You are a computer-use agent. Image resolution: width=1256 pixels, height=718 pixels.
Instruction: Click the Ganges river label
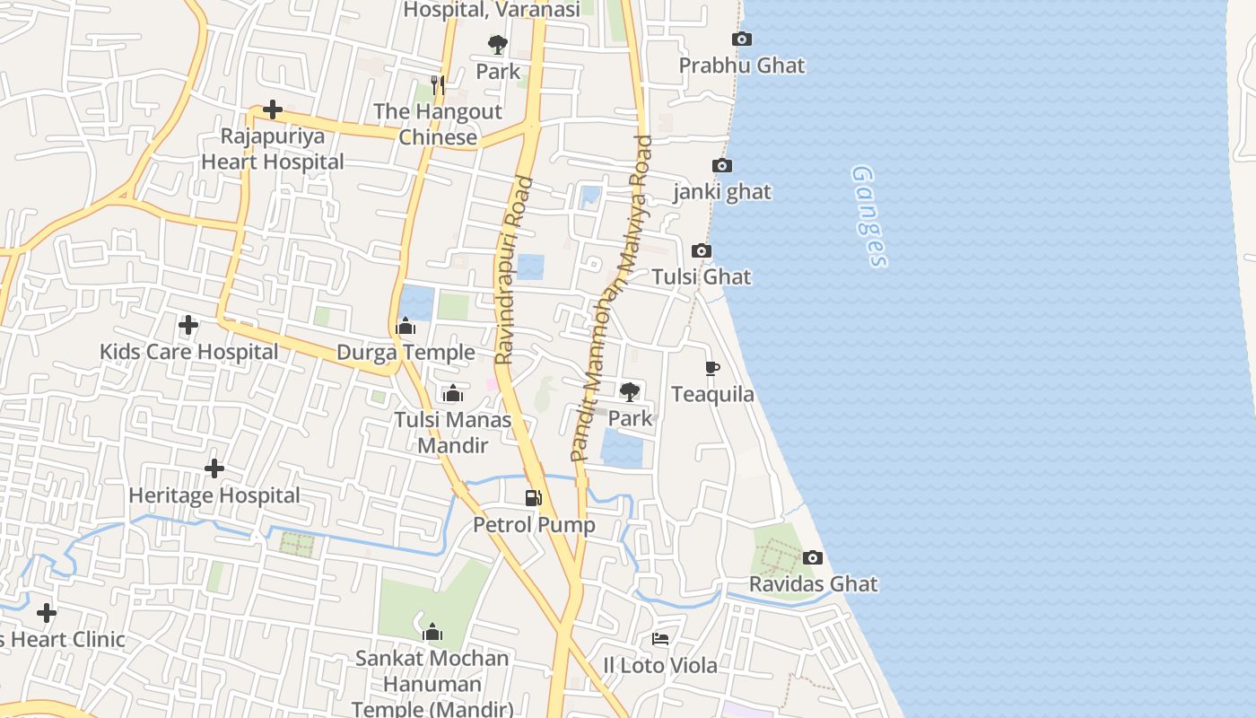[868, 216]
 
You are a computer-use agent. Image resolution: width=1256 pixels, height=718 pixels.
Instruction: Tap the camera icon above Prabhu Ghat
[742, 39]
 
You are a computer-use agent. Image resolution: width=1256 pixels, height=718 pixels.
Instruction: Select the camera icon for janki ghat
[722, 165]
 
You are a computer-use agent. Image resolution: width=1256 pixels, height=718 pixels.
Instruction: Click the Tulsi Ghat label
[702, 276]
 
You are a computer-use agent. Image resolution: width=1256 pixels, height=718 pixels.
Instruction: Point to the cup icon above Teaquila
[712, 368]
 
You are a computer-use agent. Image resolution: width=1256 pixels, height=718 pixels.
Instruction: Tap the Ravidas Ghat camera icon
[813, 557]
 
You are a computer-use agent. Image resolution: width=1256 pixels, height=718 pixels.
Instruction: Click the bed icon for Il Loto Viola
[660, 639]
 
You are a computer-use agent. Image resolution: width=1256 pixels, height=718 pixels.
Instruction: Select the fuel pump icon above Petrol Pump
[534, 497]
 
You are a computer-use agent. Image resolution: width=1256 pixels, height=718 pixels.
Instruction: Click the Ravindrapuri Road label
[514, 270]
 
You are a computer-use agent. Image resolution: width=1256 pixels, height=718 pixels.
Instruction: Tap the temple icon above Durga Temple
[406, 326]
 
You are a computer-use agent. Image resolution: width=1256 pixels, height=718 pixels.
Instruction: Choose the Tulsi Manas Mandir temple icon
[453, 393]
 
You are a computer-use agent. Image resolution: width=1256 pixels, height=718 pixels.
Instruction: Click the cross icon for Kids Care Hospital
[188, 324]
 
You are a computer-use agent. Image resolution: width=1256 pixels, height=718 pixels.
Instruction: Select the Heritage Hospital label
[214, 495]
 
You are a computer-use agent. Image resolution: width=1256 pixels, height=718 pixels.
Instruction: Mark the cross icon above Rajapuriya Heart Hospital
[273, 109]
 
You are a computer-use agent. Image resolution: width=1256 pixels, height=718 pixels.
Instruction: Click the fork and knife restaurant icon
[438, 84]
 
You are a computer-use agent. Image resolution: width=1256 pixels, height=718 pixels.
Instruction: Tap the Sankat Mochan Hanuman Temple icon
[432, 632]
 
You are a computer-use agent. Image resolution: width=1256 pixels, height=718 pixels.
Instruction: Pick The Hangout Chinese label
[438, 125]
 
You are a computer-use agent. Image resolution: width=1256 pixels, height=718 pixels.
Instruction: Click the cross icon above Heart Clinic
[47, 613]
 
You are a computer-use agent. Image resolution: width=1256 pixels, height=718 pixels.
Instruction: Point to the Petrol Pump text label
[534, 525]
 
